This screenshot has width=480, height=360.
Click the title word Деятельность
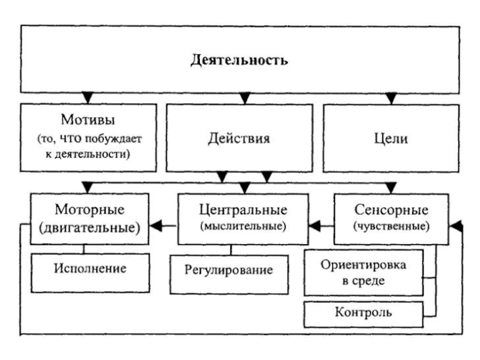[x=239, y=61]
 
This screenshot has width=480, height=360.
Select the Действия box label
[x=239, y=139]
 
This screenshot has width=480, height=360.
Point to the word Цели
[x=391, y=139]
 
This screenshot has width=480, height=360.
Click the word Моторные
[x=89, y=211]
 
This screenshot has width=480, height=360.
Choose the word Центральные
[x=242, y=211]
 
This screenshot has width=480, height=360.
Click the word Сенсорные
[x=391, y=211]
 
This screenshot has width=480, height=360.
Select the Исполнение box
[x=89, y=268]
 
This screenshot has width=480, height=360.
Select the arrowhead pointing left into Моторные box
[x=157, y=226]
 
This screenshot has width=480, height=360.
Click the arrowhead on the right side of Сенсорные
[x=456, y=226]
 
